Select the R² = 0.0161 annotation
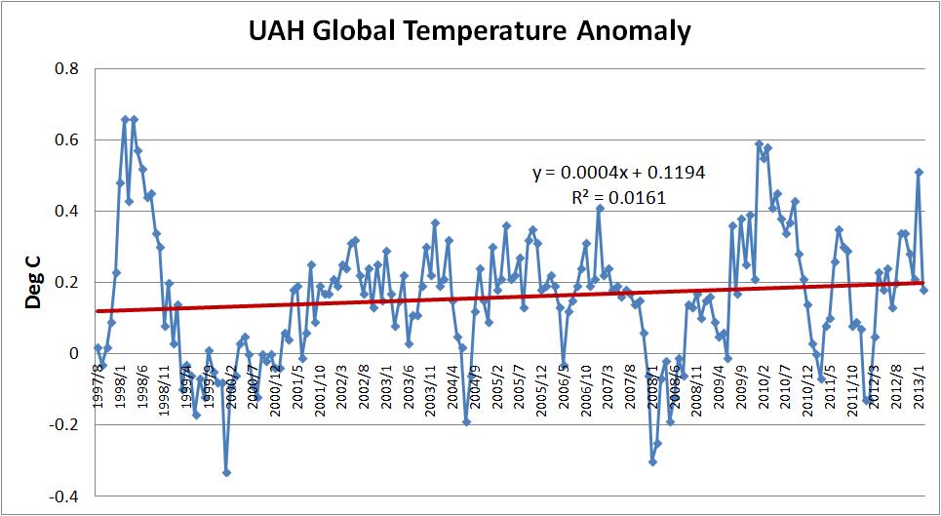619,196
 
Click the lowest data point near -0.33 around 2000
226,472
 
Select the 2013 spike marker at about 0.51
919,173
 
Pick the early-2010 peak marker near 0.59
759,144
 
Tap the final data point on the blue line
923,290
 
